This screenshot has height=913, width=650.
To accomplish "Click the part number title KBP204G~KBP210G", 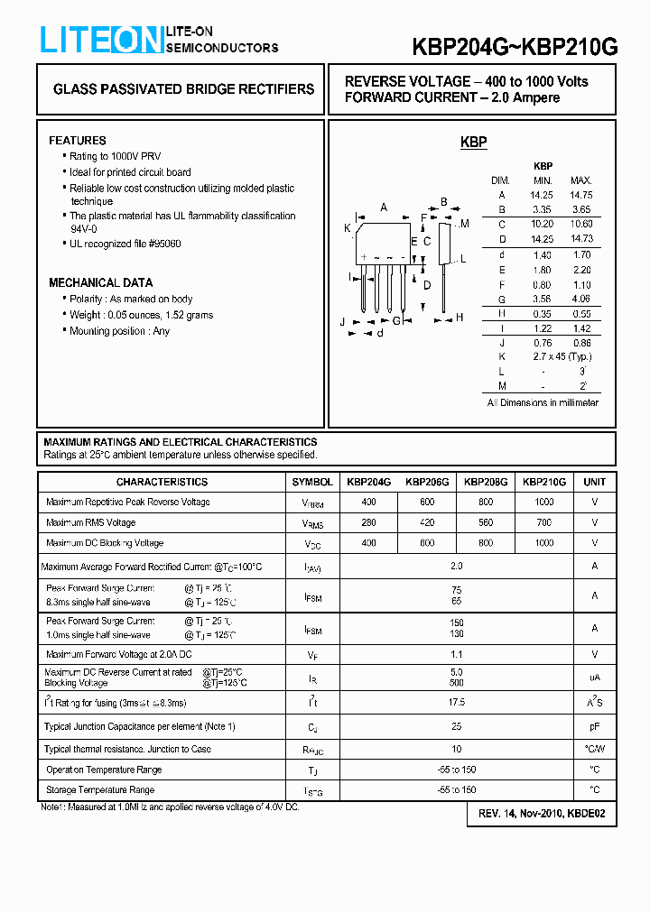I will pos(515,48).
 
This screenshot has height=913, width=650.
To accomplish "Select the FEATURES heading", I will pos(77,141).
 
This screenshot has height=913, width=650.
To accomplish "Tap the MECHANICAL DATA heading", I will pos(100,282).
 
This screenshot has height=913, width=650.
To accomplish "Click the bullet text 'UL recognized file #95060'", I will pos(125,244).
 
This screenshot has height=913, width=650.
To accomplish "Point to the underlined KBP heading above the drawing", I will pos(473,142).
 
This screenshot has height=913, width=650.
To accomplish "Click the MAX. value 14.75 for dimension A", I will pos(580,195).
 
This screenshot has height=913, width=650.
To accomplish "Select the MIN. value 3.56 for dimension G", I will pos(542,299).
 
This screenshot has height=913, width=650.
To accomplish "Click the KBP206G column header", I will pos(427,482).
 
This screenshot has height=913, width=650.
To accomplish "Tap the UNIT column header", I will pos(594,482).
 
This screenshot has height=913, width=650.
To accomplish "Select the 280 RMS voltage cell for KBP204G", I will pos(368,522).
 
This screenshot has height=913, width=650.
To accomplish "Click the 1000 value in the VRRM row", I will pos(544,502).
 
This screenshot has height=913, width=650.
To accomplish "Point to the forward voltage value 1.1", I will pos(456,654).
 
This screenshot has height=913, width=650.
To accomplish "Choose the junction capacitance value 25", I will pos(456,726).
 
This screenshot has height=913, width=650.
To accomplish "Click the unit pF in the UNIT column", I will pos(594,726).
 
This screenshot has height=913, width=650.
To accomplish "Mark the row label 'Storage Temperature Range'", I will pos(100,790).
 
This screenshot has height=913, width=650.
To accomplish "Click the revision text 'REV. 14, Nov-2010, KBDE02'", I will pos(542,814).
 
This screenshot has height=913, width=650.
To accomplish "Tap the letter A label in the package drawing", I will pos(384,207).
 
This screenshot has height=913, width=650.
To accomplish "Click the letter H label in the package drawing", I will pos(460,317).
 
